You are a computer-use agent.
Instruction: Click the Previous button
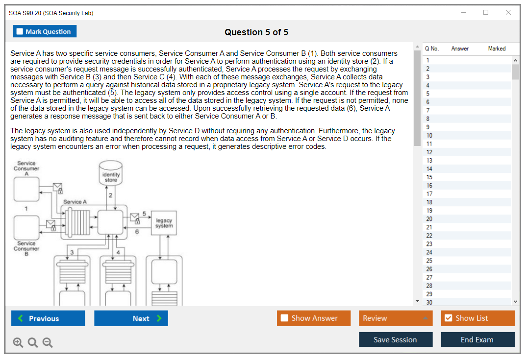coord(48,318)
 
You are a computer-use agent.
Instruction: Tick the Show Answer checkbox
coord(285,318)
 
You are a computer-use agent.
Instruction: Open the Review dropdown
coord(396,318)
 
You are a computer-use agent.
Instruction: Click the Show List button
coord(477,318)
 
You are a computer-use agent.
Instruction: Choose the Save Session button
coord(395,339)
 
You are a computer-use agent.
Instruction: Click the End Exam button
coord(477,339)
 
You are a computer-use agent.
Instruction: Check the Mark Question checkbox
coord(20,31)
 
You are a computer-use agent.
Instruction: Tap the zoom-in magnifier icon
coord(18,343)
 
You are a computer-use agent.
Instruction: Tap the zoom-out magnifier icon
coord(48,343)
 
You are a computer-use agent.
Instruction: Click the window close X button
coord(508,13)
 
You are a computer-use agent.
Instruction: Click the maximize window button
coord(486,13)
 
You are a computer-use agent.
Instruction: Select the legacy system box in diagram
coord(164,223)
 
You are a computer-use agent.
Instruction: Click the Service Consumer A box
coord(26,189)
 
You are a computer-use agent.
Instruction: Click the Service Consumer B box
coord(26,227)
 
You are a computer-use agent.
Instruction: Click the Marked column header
coord(497,48)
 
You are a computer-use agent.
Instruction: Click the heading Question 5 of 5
coord(256,32)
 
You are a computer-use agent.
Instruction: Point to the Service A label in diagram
coord(75,202)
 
